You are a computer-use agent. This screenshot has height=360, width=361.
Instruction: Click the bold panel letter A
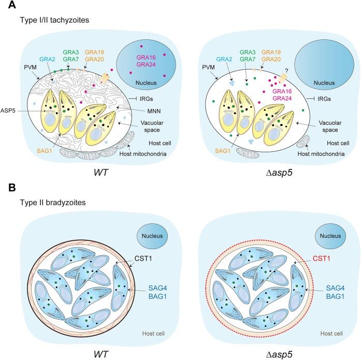pos(6,5)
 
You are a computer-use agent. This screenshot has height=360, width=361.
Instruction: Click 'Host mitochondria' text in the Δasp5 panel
pos(328,148)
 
